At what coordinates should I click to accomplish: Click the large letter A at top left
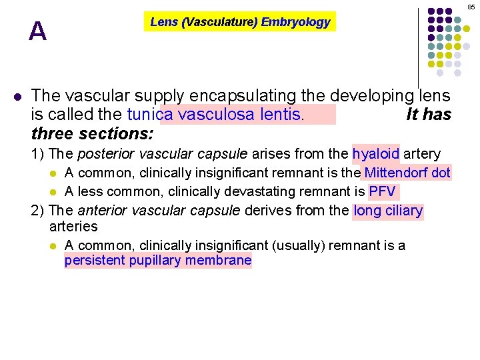coord(38,31)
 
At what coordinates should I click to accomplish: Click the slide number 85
coord(471,7)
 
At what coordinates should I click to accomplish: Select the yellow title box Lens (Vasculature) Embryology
coord(240,22)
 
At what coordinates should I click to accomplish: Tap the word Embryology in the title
coord(295,22)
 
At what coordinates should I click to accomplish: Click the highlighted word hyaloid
coord(375,154)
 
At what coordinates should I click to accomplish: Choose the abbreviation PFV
coord(383,192)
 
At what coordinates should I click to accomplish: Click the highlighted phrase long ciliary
coord(388,211)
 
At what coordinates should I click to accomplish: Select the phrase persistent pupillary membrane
coord(158,261)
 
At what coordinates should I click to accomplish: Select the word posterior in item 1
coord(100,154)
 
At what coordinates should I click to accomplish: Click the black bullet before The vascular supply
coord(18,96)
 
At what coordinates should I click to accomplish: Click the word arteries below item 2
coord(73,227)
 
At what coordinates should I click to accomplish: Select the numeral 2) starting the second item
coord(39,211)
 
